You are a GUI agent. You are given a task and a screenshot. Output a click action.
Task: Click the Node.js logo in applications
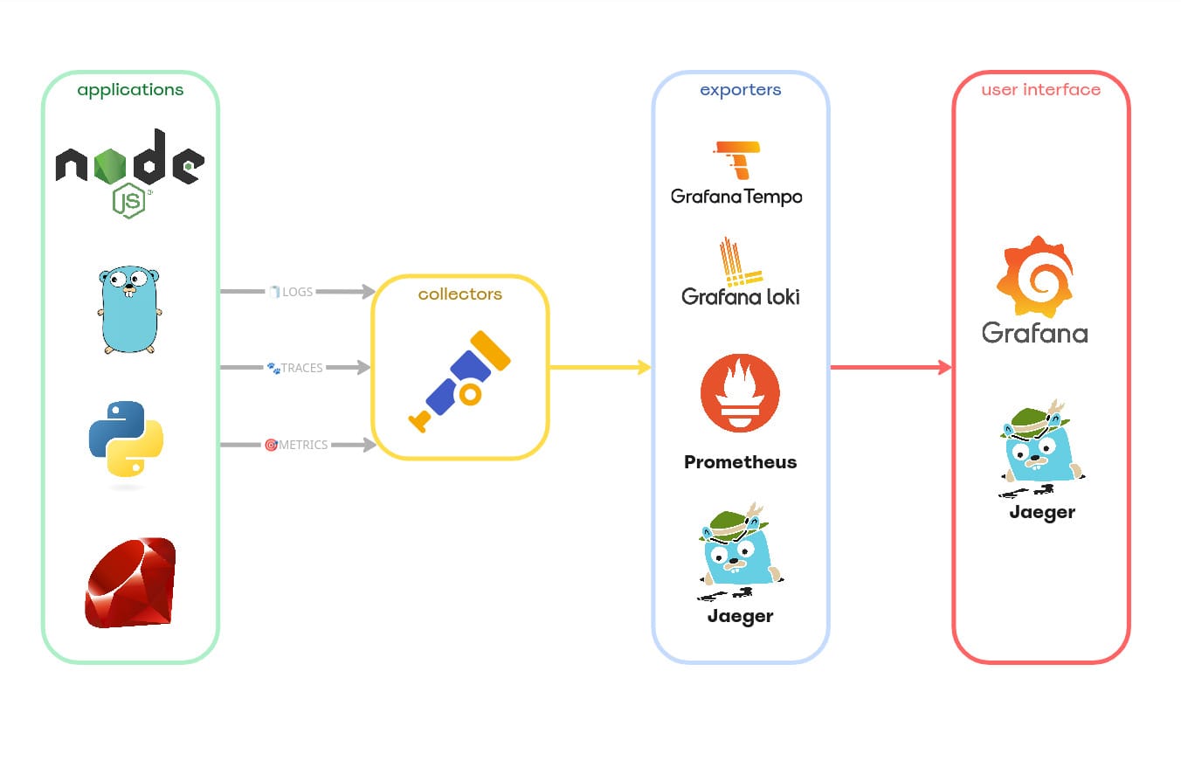129,170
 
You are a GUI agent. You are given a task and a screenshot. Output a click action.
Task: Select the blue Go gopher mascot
129,310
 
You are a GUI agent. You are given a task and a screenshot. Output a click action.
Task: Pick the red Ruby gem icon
130,582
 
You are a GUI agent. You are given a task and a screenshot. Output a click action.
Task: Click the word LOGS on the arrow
297,292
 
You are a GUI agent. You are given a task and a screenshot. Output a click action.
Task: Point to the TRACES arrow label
301,368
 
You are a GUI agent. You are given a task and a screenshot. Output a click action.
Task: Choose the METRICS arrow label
303,445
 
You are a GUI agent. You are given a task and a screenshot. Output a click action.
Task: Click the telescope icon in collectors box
459,381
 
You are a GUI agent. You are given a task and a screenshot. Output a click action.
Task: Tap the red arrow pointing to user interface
890,367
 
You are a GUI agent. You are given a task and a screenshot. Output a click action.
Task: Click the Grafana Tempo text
736,197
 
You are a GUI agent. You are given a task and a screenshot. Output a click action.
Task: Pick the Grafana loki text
740,297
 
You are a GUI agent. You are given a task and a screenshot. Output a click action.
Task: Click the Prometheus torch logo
740,392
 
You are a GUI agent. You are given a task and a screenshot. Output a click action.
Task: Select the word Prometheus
740,462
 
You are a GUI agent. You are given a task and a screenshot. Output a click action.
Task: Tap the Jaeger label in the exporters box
740,616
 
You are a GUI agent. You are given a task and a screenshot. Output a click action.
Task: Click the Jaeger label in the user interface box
1041,512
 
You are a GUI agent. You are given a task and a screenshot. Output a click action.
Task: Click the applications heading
130,90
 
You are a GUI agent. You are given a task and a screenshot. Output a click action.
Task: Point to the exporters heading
740,90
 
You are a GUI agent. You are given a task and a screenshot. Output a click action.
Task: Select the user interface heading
1040,90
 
